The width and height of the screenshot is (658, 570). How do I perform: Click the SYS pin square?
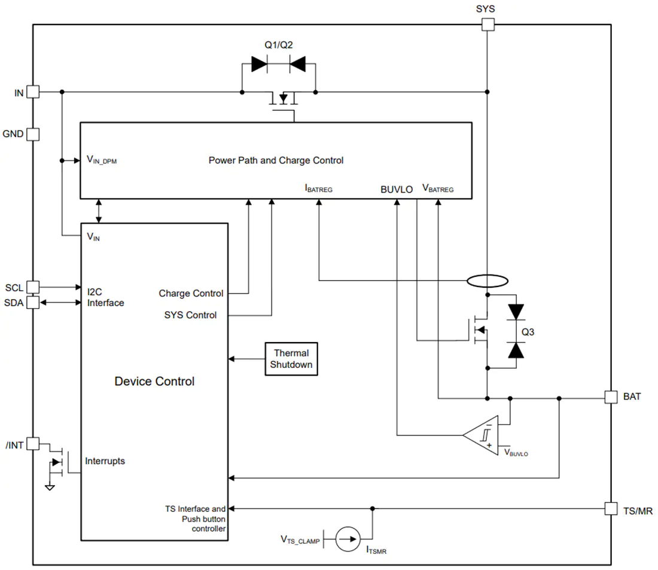488,25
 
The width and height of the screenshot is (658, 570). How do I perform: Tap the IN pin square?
33,92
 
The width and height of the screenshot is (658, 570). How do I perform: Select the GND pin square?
33,135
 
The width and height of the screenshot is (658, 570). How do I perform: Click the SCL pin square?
33,287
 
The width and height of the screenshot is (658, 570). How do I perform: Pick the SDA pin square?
33,302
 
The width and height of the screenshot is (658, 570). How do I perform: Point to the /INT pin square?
33,444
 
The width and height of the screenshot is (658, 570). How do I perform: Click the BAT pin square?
611,397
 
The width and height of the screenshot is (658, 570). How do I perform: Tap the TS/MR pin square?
611,509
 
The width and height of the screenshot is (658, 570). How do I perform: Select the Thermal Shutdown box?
291,359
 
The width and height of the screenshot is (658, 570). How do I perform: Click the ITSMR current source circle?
348,539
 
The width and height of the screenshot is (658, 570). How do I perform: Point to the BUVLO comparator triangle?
481,435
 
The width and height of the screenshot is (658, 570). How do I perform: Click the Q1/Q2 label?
279,45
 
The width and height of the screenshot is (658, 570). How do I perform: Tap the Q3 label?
528,332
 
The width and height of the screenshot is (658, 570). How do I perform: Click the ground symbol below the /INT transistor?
50,487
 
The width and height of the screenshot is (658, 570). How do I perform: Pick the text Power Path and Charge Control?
276,160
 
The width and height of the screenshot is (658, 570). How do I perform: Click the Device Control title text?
154,381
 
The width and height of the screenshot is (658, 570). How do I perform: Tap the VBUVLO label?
516,453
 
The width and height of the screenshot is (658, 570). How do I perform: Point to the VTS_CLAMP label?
300,539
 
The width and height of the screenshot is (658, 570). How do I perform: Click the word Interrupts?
105,461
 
